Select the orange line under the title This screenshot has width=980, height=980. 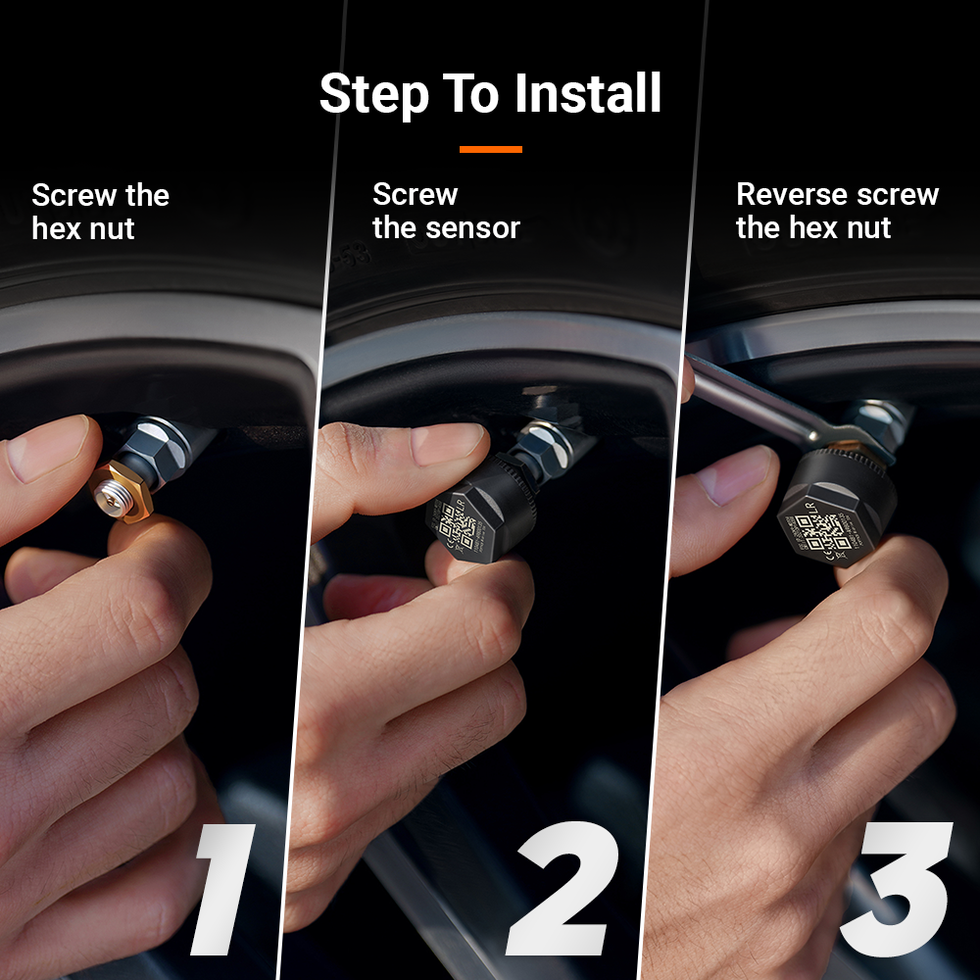click(490, 149)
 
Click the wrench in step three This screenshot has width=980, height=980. click(755, 397)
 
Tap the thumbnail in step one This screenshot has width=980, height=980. click(49, 447)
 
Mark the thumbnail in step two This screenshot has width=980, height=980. click(447, 443)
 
